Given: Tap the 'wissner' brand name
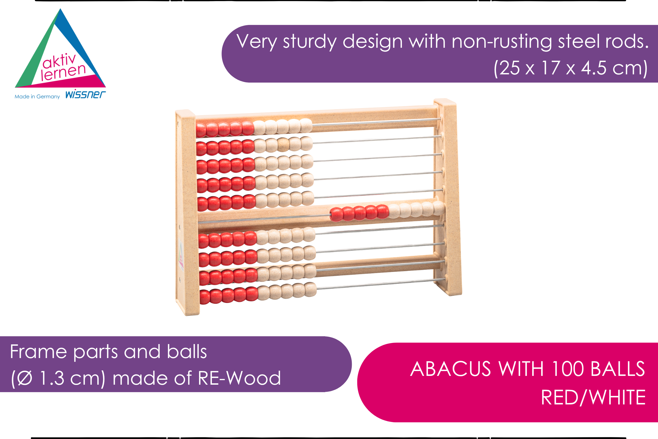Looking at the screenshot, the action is [86, 95].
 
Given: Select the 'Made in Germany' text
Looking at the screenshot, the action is [37, 97].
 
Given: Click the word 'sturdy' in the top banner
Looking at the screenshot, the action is [310, 42].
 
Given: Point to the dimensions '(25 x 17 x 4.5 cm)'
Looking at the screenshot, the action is [571, 68].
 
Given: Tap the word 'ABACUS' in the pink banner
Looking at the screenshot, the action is [450, 369].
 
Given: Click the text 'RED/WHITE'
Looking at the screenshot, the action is [593, 397].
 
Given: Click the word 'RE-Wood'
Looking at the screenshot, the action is [239, 378].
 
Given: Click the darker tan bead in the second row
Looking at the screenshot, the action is [283, 145].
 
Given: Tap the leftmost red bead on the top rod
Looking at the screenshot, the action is [201, 130].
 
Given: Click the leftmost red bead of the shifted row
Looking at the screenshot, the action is [336, 215].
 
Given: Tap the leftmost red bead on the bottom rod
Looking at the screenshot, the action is [205, 297].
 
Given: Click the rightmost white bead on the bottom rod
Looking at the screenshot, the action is [311, 289].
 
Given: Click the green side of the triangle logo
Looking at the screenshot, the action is [35, 53].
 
